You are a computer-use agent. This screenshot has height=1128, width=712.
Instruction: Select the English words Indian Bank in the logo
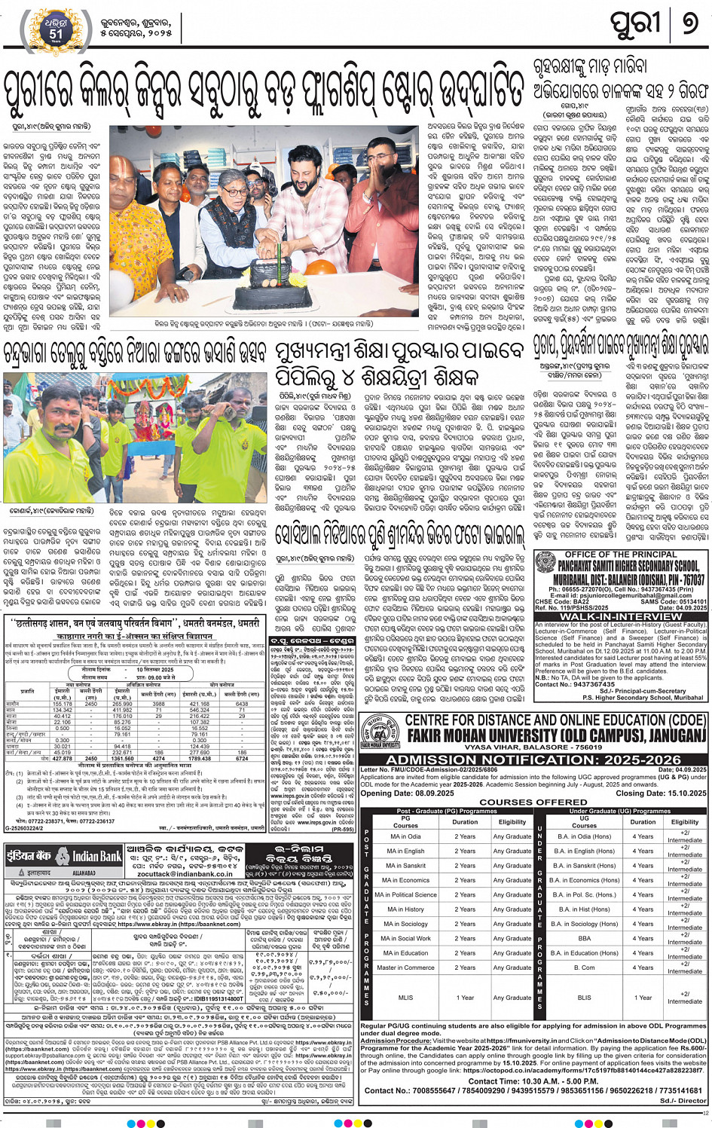pyautogui.click(x=96, y=857)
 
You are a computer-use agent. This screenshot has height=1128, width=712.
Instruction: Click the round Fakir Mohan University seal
pyautogui.click(x=380, y=730)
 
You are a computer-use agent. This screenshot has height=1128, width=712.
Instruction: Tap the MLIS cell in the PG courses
pyautogui.click(x=405, y=998)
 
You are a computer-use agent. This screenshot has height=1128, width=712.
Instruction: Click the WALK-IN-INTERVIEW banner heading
pyautogui.click(x=621, y=616)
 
